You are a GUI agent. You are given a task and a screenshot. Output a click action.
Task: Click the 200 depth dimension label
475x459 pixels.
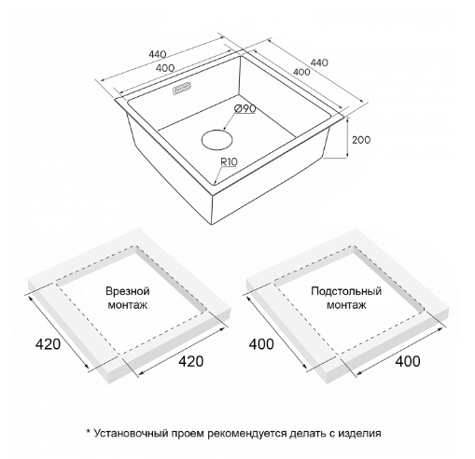[x=361, y=140]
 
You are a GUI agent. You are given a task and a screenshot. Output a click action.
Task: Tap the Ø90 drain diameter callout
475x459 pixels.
[x=245, y=108]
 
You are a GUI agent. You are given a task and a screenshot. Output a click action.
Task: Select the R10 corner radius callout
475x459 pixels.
[x=229, y=161]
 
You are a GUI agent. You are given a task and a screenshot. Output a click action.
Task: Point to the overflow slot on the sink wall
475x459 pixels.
[x=182, y=88]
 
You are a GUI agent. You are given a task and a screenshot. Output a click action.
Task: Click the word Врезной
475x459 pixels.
[x=128, y=291]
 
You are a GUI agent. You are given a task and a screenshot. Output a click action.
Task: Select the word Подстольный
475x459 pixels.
[x=346, y=291]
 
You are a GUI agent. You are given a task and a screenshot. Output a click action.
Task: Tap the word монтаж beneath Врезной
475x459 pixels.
[x=128, y=305]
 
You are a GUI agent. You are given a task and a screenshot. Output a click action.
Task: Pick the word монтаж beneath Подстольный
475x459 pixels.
[x=346, y=305]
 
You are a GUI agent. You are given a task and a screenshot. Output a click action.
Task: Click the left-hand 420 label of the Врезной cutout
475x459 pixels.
[x=48, y=344]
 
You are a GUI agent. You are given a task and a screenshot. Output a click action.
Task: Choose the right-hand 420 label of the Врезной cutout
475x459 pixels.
[x=191, y=361]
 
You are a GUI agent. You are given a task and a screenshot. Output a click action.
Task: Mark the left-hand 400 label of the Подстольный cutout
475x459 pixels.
[x=261, y=344]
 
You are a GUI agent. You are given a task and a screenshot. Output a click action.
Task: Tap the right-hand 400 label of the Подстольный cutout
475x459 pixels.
[x=408, y=361]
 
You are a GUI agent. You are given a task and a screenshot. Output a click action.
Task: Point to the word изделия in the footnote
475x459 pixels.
[x=359, y=434]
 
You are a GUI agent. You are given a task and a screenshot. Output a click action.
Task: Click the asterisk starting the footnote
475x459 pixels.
[x=88, y=432]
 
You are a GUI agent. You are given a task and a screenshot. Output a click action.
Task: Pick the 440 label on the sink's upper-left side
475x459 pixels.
[x=158, y=54]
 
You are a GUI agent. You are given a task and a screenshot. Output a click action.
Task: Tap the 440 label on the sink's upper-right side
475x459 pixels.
[x=319, y=63]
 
